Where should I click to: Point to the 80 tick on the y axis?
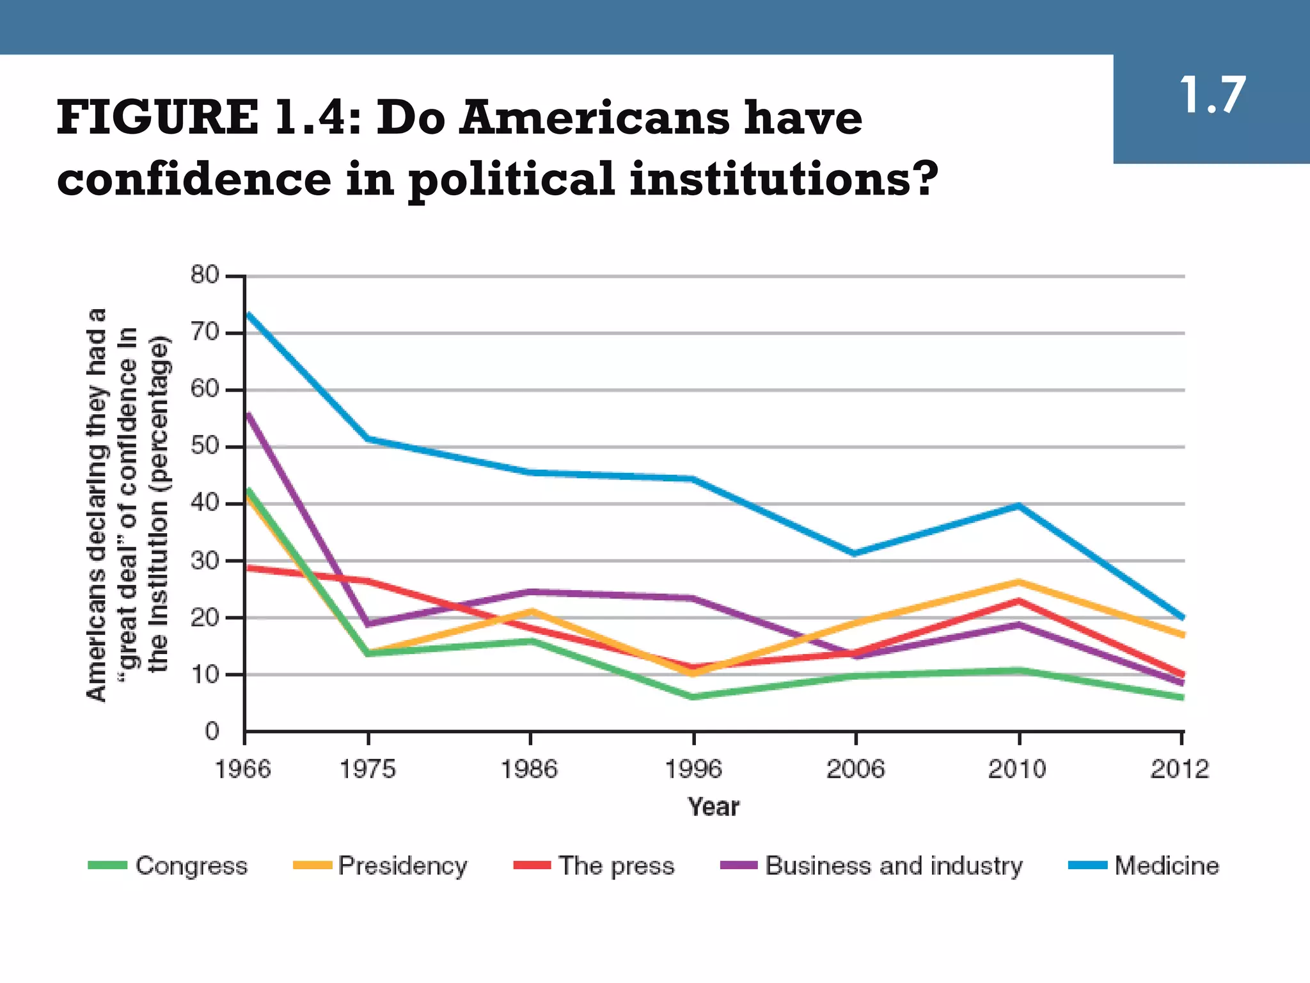(205, 276)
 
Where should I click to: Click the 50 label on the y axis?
(205, 446)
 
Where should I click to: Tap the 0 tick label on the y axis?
(212, 731)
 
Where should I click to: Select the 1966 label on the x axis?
(243, 769)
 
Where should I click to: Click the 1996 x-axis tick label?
(693, 769)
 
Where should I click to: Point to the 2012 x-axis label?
(1180, 769)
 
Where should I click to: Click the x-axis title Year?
(713, 807)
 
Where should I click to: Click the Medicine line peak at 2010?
(1018, 506)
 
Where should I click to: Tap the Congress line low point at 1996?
(693, 697)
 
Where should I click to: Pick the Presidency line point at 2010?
(1018, 582)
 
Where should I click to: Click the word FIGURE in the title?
(157, 118)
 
